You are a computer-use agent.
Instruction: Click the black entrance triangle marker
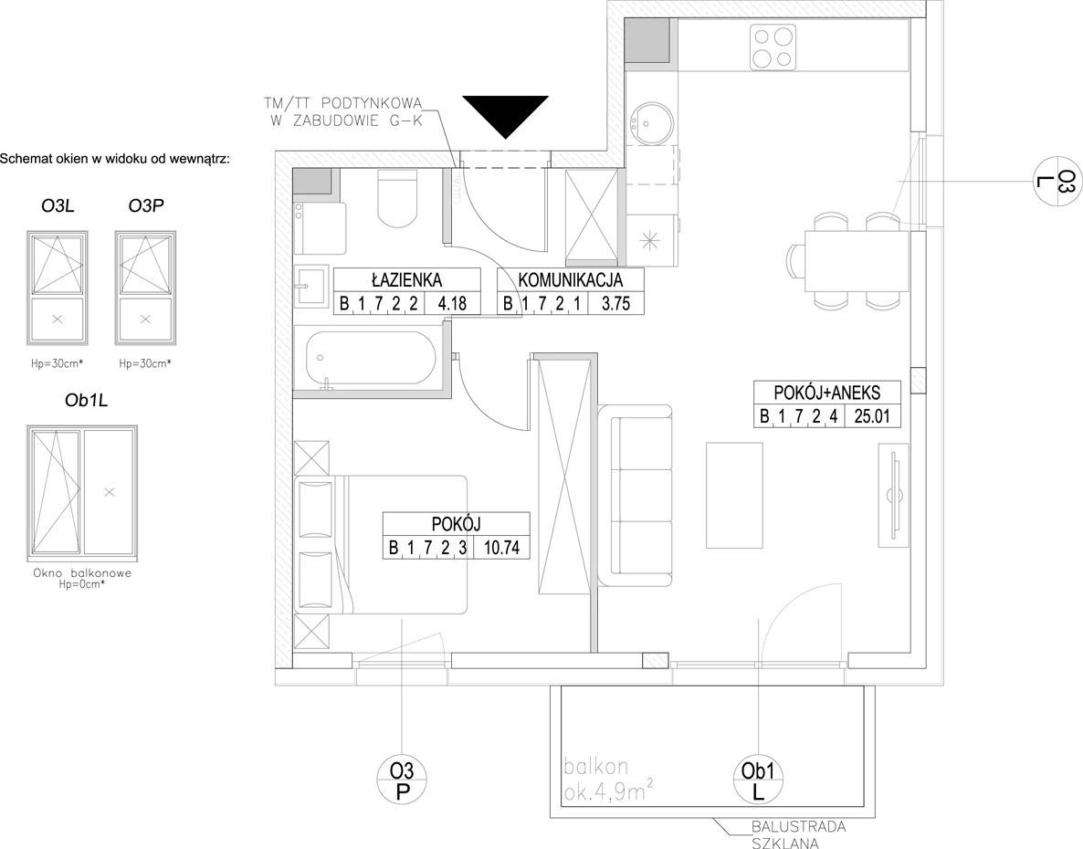pyautogui.click(x=505, y=116)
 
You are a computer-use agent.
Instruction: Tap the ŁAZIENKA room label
pyautogui.click(x=406, y=279)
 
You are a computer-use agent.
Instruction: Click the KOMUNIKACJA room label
pyautogui.click(x=571, y=279)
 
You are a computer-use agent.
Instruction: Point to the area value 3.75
pyautogui.click(x=615, y=302)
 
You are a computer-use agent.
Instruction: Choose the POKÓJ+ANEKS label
pyautogui.click(x=827, y=393)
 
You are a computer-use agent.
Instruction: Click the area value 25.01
pyautogui.click(x=872, y=415)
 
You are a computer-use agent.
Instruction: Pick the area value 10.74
pyautogui.click(x=502, y=548)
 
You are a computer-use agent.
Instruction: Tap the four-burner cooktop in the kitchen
pyautogui.click(x=773, y=47)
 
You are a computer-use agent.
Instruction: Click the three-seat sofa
pyautogui.click(x=635, y=496)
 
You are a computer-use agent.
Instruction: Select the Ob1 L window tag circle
pyautogui.click(x=759, y=781)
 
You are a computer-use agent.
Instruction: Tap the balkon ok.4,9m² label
pyautogui.click(x=608, y=780)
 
